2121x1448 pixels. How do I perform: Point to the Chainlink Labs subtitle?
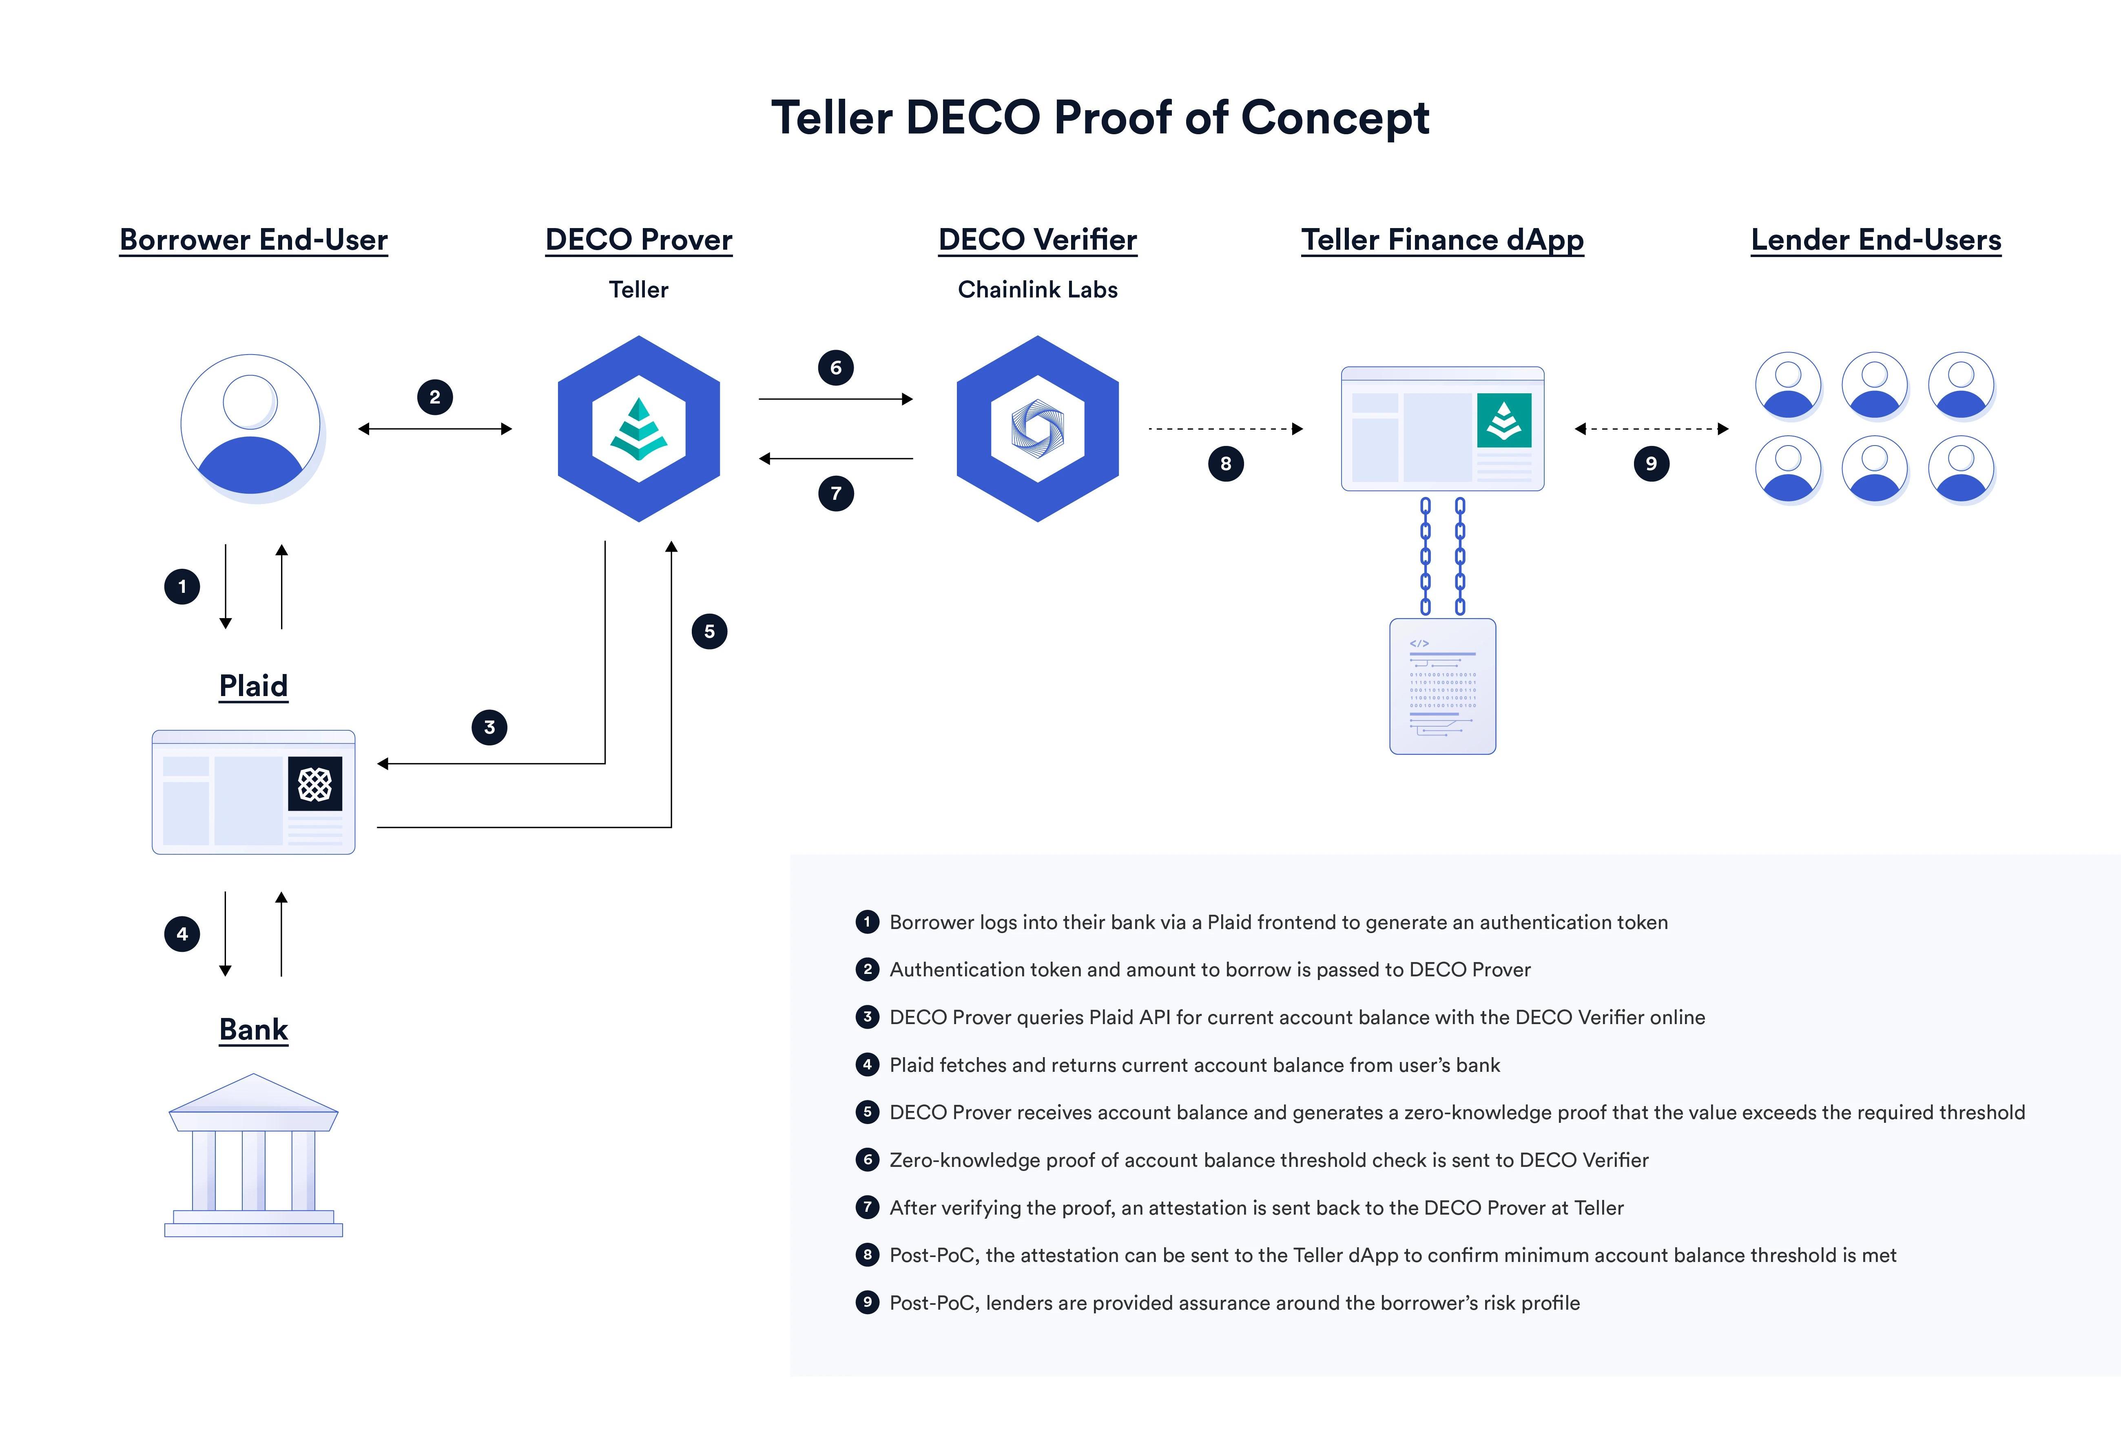pos(1038,289)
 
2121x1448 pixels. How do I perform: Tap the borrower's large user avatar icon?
pos(251,426)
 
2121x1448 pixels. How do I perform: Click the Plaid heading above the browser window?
pos(254,686)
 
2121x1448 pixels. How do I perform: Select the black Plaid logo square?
pos(315,783)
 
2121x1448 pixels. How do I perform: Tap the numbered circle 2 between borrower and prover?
pos(434,397)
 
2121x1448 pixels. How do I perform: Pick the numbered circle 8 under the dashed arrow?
pos(1226,464)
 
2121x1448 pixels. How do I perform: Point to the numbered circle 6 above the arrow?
pos(836,368)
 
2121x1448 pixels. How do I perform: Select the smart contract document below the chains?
pos(1442,687)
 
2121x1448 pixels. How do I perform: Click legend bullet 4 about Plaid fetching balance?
pos(867,1064)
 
